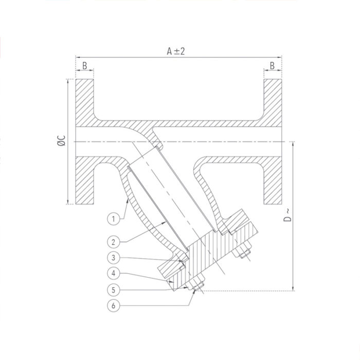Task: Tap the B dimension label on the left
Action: [85, 65]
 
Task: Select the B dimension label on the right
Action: [273, 65]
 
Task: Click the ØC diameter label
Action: [61, 141]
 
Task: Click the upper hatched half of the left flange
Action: [85, 103]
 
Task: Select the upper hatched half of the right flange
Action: [273, 103]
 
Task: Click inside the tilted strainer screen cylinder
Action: [172, 195]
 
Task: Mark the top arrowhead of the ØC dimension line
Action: [67, 81]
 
